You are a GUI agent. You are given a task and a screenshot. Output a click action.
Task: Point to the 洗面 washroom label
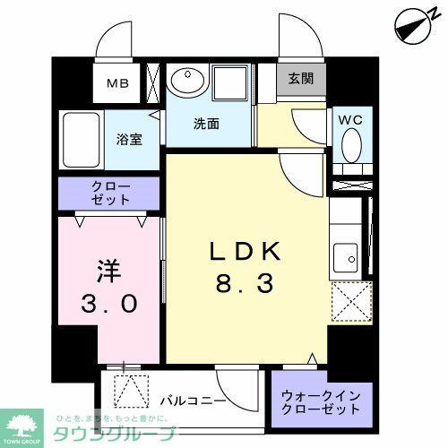(x=208, y=125)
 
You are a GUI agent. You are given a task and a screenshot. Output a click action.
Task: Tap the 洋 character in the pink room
(x=108, y=269)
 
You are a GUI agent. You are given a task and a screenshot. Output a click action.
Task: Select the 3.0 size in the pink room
(x=108, y=303)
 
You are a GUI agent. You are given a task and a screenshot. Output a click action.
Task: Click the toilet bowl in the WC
(x=351, y=144)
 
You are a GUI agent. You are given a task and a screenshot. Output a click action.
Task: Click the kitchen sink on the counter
(x=343, y=259)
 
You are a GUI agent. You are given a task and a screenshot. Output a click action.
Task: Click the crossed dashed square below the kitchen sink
(x=350, y=300)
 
